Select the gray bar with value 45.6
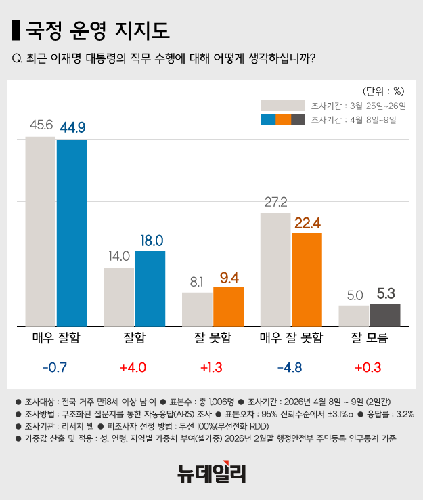[x=41, y=230]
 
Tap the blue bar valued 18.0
[x=150, y=288]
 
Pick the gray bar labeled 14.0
[x=119, y=296]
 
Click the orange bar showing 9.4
[x=228, y=306]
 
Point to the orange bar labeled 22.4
[x=307, y=278]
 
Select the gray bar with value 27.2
[x=275, y=269]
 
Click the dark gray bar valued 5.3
[x=385, y=314]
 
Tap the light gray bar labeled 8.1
[x=197, y=308]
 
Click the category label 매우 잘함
[x=56, y=337]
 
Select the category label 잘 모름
[x=370, y=337]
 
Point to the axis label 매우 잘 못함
[x=291, y=337]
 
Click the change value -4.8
[x=291, y=368]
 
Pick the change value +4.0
[x=134, y=368]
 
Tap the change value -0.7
[x=56, y=368]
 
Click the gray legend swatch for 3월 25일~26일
[x=282, y=105]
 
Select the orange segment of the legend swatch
[x=283, y=120]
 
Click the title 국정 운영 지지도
[x=97, y=30]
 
